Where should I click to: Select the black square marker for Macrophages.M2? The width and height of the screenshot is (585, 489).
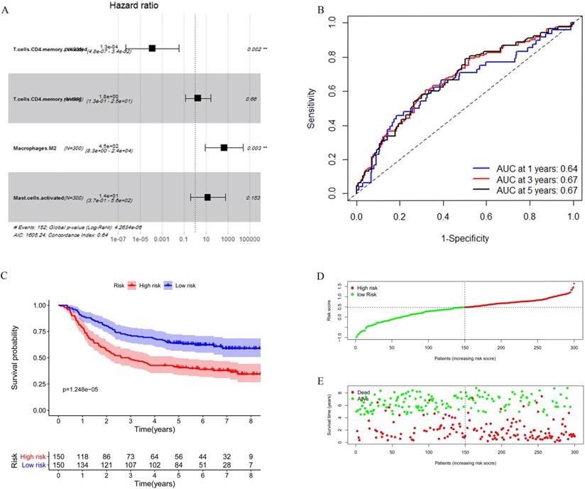pos(224,147)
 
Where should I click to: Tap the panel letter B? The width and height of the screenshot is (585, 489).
pos(302,11)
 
